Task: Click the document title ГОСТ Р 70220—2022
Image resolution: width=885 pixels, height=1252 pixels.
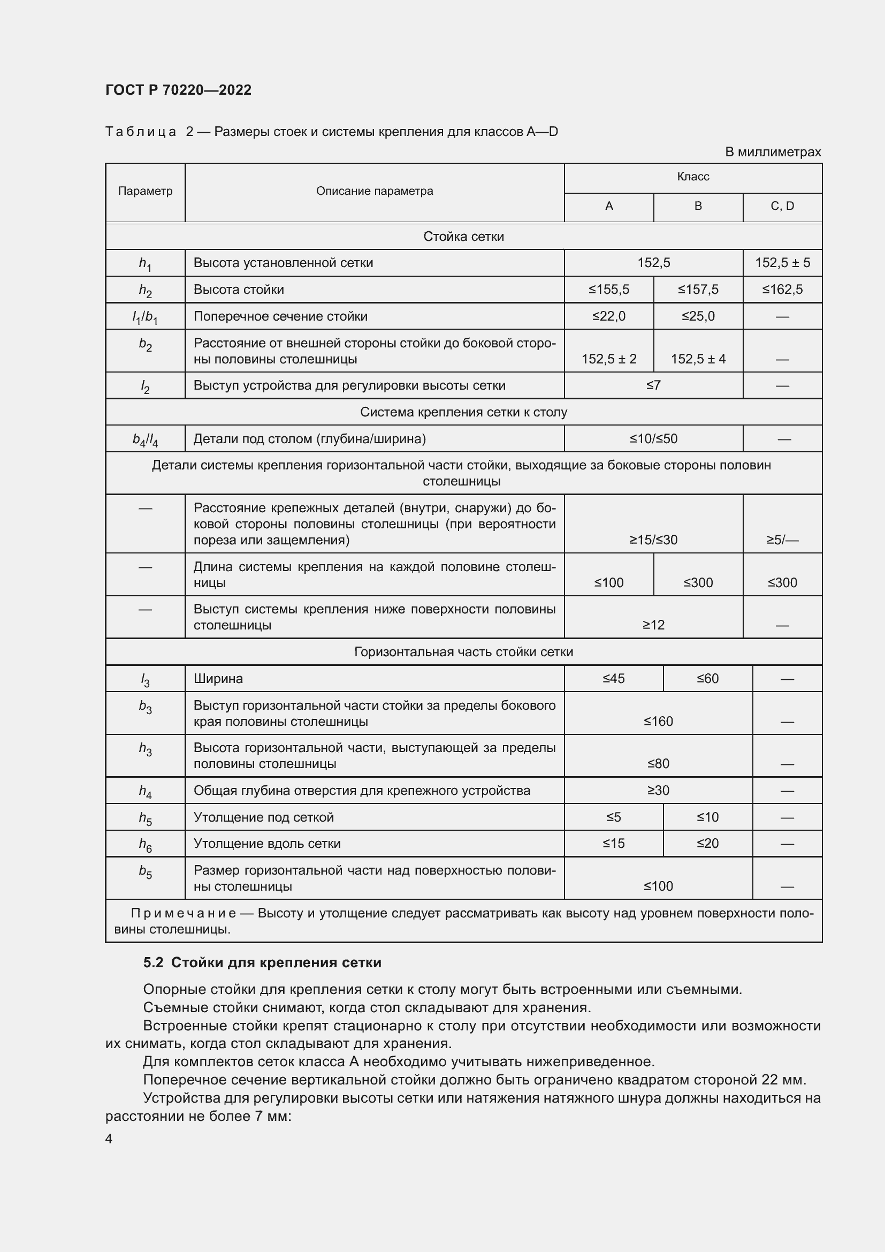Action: coord(178,90)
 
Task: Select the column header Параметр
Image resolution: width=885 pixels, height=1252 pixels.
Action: coord(145,191)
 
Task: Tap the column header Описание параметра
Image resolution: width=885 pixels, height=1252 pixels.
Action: coord(375,191)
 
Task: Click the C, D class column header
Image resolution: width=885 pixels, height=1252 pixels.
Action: coord(782,206)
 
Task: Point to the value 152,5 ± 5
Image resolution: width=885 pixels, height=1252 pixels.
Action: coord(782,263)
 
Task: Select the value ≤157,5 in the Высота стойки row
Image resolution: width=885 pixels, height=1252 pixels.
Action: coord(698,290)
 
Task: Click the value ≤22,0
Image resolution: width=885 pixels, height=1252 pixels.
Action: coord(609,316)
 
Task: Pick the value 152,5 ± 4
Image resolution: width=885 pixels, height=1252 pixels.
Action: coord(698,359)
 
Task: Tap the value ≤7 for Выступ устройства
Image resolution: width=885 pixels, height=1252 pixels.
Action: coord(653,385)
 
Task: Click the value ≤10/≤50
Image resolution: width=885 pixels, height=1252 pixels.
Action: coord(653,439)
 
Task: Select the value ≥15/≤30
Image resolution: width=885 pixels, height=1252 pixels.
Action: coord(653,540)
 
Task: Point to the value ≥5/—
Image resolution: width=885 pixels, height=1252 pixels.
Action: coord(782,540)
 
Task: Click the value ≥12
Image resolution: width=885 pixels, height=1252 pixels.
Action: coord(653,625)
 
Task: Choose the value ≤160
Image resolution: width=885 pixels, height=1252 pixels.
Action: coord(658,722)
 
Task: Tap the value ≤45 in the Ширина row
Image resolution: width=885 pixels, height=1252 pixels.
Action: coord(613,679)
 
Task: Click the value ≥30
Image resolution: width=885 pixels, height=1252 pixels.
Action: coord(658,791)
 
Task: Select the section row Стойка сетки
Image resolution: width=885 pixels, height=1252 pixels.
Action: coord(463,237)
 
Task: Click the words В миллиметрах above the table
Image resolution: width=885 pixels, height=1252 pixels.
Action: coord(772,152)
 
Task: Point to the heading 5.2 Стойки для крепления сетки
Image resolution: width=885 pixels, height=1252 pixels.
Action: coord(262,962)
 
